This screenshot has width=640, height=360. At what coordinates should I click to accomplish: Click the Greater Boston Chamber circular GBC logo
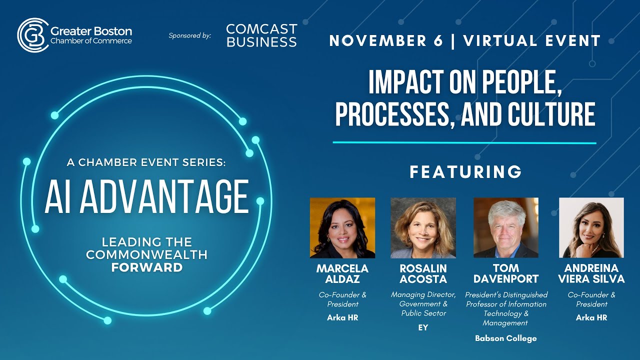pyautogui.click(x=33, y=35)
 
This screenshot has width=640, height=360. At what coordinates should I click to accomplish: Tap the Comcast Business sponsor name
pyautogui.click(x=261, y=35)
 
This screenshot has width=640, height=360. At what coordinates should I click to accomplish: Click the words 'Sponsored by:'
pyautogui.click(x=190, y=35)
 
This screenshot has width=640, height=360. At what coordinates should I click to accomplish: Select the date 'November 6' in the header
pyautogui.click(x=386, y=41)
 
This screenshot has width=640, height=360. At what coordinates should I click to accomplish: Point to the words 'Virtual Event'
pyautogui.click(x=531, y=41)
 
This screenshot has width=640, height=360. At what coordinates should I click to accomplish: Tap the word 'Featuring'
pyautogui.click(x=465, y=172)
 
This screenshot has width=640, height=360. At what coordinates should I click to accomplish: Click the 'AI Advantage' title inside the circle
pyautogui.click(x=146, y=196)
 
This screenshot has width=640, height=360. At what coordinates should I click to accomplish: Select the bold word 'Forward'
pyautogui.click(x=146, y=267)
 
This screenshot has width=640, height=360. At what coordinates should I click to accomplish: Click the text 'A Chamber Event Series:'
pyautogui.click(x=146, y=162)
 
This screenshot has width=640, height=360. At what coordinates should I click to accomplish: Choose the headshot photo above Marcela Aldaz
pyautogui.click(x=342, y=227)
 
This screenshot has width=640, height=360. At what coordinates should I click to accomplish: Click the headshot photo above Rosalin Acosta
pyautogui.click(x=423, y=227)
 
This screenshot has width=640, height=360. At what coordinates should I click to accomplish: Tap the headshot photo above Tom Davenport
pyautogui.click(x=506, y=227)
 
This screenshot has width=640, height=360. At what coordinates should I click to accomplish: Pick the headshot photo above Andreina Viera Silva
pyautogui.click(x=591, y=227)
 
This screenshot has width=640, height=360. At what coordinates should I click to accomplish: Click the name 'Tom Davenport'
pyautogui.click(x=506, y=273)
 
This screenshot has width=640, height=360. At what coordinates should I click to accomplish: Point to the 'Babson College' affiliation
pyautogui.click(x=506, y=338)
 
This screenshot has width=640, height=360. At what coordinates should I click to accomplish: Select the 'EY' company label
pyautogui.click(x=423, y=328)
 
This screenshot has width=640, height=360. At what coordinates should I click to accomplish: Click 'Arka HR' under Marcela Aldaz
pyautogui.click(x=342, y=318)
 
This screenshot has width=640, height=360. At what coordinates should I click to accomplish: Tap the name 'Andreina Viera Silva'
pyautogui.click(x=591, y=273)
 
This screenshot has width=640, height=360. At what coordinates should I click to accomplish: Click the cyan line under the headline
pyautogui.click(x=464, y=143)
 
